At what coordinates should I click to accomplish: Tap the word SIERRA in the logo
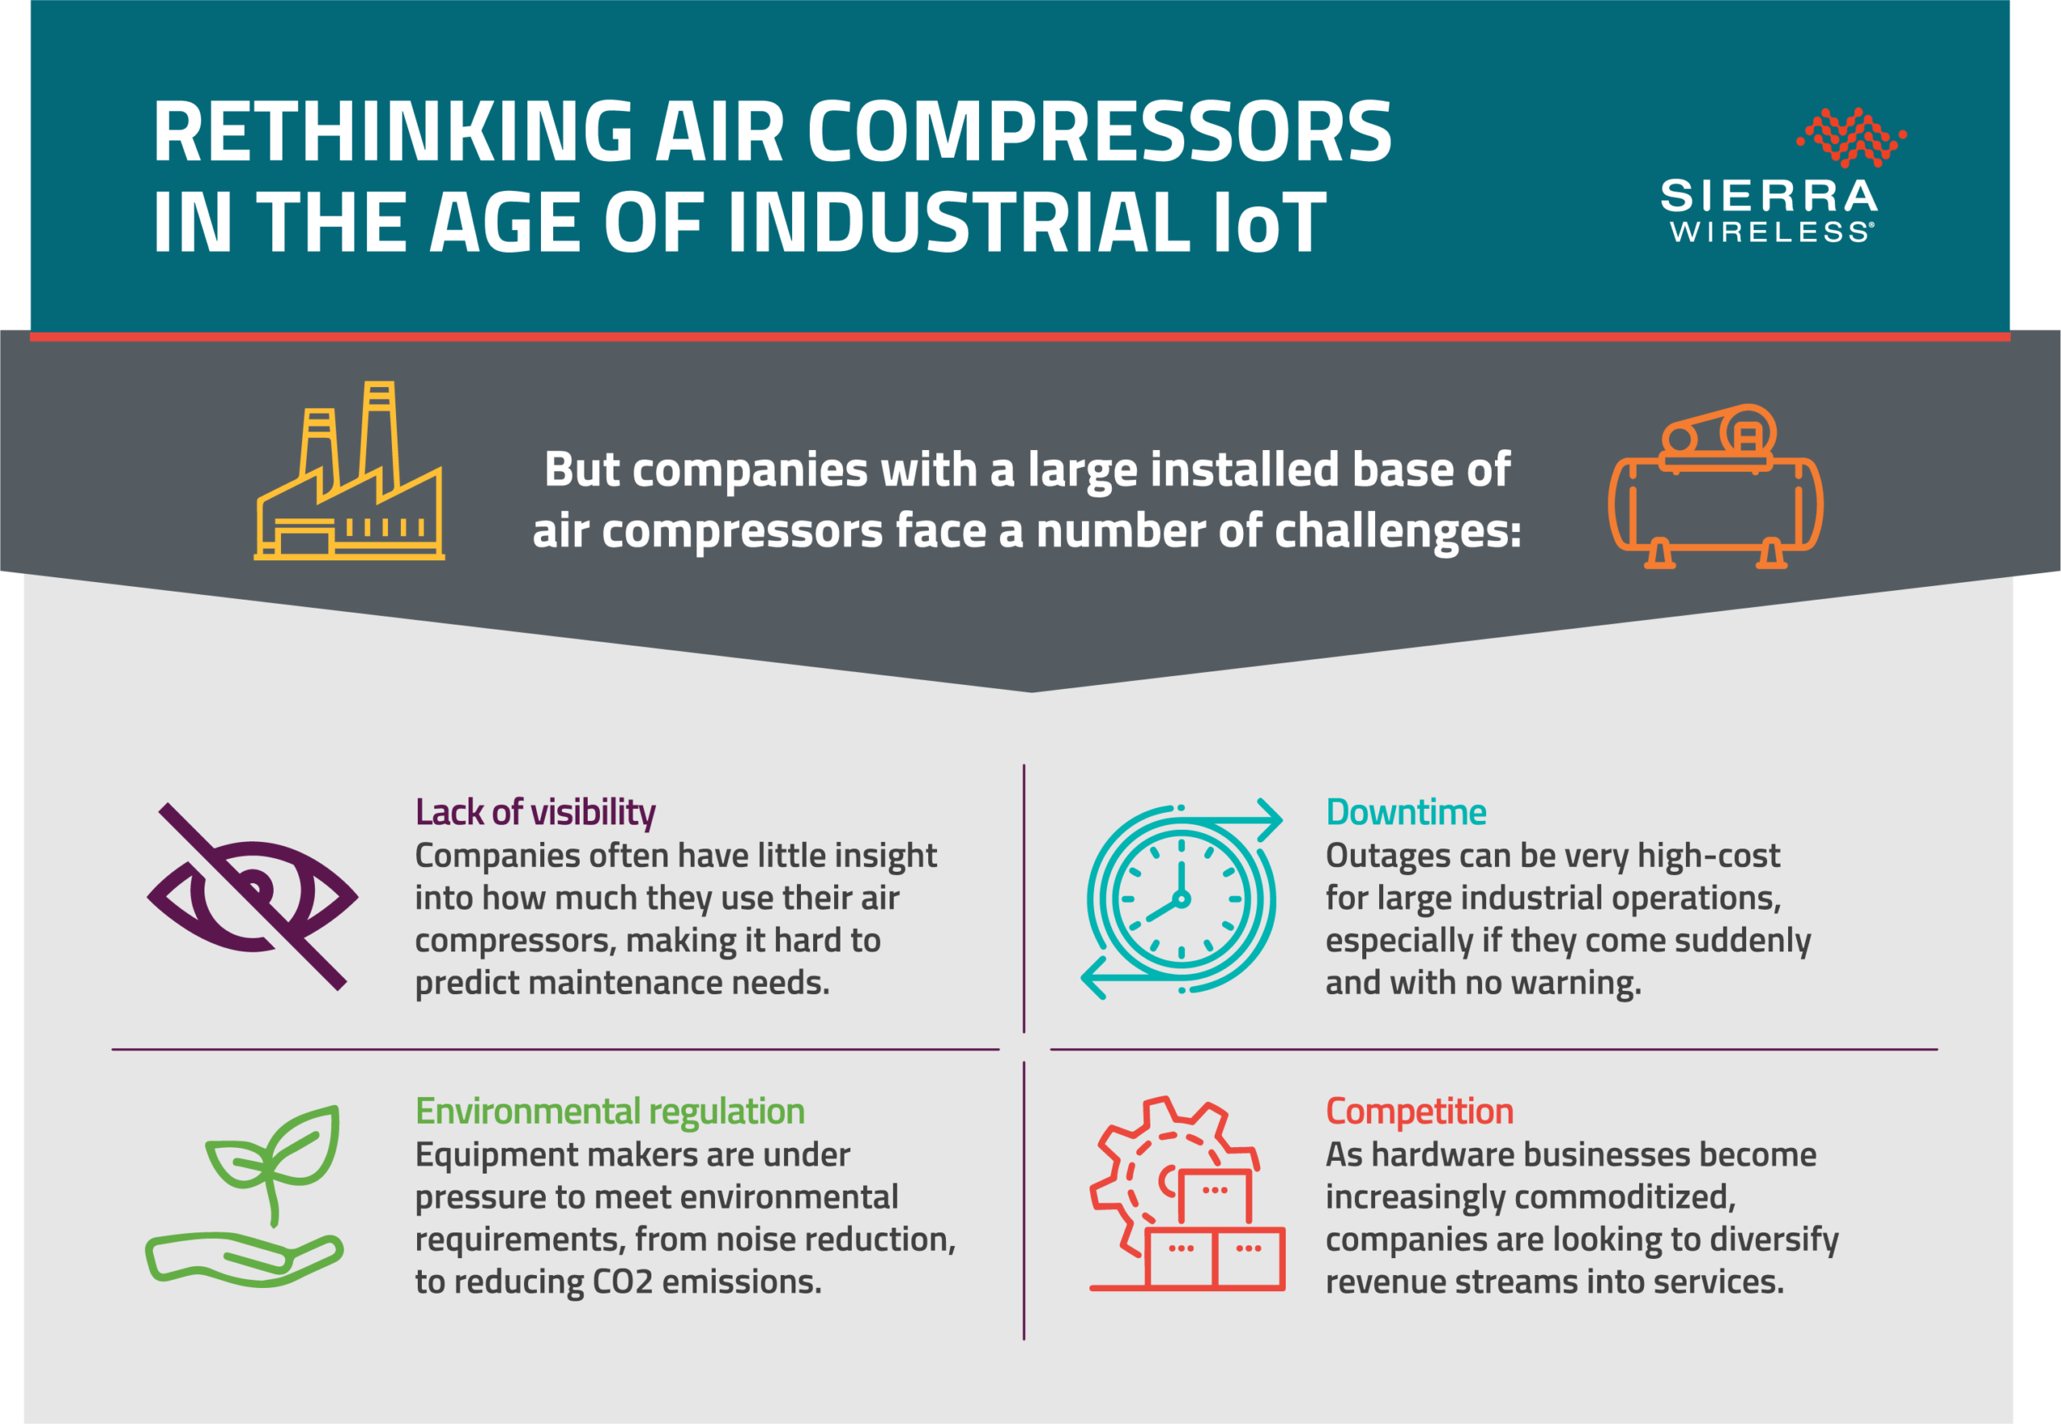(x=1770, y=196)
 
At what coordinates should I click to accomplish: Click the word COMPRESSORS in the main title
(x=1099, y=131)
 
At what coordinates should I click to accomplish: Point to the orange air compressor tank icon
(x=1716, y=486)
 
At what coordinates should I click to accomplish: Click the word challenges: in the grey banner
(x=1397, y=532)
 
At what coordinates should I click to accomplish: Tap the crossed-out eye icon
(x=253, y=897)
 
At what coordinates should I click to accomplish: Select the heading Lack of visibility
(x=535, y=813)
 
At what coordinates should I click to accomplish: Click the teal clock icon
(x=1181, y=898)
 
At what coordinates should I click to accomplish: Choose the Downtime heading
(x=1406, y=812)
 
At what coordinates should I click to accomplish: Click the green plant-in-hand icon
(x=244, y=1195)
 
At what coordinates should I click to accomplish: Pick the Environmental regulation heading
(x=610, y=1112)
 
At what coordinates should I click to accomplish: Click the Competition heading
(x=1419, y=1112)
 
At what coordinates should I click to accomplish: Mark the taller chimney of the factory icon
(x=379, y=437)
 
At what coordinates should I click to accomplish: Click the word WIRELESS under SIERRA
(x=1772, y=232)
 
